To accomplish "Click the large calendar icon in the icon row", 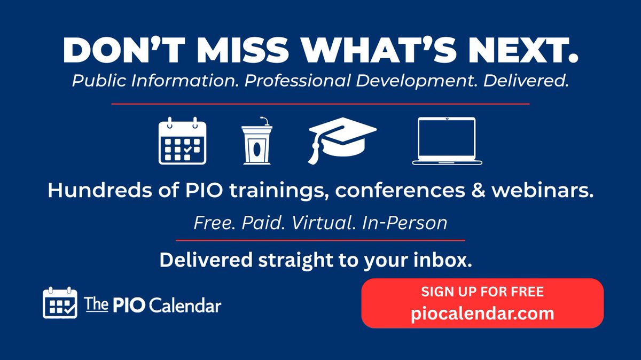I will tap(182, 140).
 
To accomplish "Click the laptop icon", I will tap(447, 140).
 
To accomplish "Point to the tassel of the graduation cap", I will tap(314, 153).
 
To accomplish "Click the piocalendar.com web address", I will tap(482, 313).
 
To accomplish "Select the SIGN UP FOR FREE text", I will tap(482, 292).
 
